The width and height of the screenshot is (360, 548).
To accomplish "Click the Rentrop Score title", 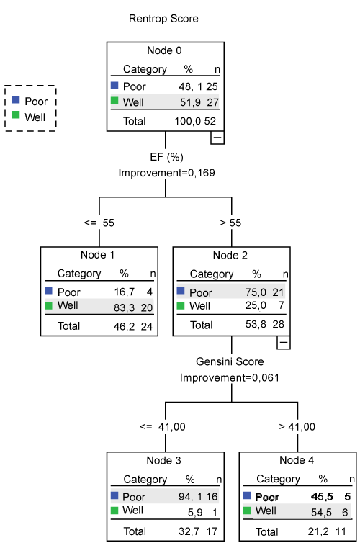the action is (163, 19).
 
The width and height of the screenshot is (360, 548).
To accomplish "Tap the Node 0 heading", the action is (164, 50).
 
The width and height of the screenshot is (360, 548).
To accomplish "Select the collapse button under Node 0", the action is (217, 138).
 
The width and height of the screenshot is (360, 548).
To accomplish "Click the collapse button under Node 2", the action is (284, 343).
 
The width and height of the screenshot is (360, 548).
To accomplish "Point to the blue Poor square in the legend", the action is (16, 99).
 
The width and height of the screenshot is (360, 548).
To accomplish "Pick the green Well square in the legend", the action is (16, 114).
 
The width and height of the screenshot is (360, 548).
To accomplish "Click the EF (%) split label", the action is (167, 157).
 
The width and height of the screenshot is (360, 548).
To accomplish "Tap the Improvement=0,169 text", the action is (167, 173).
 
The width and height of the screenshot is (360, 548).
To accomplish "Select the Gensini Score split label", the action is (230, 361).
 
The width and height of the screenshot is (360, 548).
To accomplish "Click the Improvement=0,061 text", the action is (230, 378).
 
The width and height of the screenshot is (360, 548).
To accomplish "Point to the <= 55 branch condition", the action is (99, 223).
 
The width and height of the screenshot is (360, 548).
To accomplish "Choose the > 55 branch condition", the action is (230, 223).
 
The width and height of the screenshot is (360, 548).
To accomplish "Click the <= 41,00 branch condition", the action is (163, 427).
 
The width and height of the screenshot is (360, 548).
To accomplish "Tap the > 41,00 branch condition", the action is (297, 427).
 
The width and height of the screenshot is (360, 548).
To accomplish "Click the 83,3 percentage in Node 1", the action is (124, 308).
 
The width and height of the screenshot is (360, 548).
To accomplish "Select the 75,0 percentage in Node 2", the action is (256, 292).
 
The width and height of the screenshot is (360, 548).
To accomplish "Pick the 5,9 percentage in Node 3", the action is (195, 513).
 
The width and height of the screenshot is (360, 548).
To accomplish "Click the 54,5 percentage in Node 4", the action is (322, 513).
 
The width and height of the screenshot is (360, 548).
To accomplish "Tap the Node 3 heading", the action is (164, 461).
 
